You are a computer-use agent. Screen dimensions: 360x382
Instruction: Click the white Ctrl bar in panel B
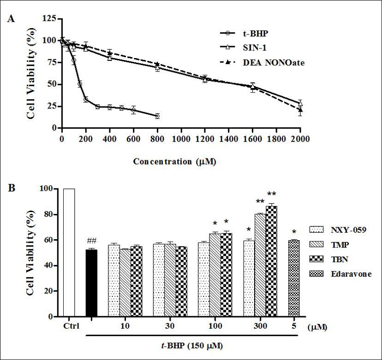69,253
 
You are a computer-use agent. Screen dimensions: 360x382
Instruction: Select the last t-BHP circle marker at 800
157,116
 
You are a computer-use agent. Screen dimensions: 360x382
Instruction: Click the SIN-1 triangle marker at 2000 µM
300,103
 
